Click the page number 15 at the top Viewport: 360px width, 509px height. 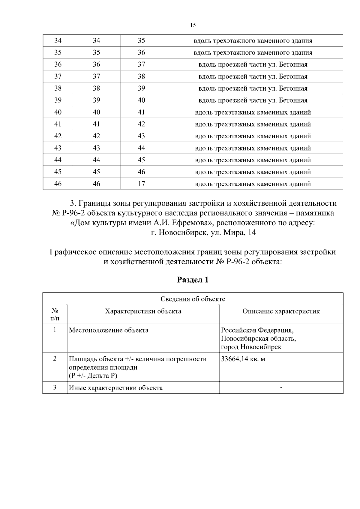pyautogui.click(x=193, y=25)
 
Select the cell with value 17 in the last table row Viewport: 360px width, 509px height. pyautogui.click(x=141, y=184)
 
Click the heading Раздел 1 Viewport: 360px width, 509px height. pyautogui.click(x=193, y=280)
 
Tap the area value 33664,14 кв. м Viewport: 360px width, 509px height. pyautogui.click(x=243, y=359)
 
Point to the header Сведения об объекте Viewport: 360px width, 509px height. pyautogui.click(x=193, y=299)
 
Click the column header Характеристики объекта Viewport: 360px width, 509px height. pyautogui.click(x=143, y=311)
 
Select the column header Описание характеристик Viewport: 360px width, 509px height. pyautogui.click(x=281, y=311)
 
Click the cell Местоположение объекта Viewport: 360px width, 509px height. pyautogui.click(x=109, y=331)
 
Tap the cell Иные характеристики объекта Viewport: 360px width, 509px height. pyautogui.click(x=116, y=388)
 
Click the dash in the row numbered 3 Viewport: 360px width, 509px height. pyautogui.click(x=281, y=388)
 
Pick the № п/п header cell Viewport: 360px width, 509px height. pyautogui.click(x=55, y=314)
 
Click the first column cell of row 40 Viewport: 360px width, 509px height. pyautogui.click(x=58, y=112)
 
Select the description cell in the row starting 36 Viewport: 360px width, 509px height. pyautogui.click(x=253, y=64)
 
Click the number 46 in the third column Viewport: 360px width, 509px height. pyautogui.click(x=141, y=172)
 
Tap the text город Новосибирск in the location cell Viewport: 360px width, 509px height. pyautogui.click(x=251, y=347)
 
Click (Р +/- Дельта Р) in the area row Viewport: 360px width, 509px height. pyautogui.click(x=93, y=376)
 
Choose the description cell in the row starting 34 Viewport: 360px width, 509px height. pyautogui.click(x=253, y=40)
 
